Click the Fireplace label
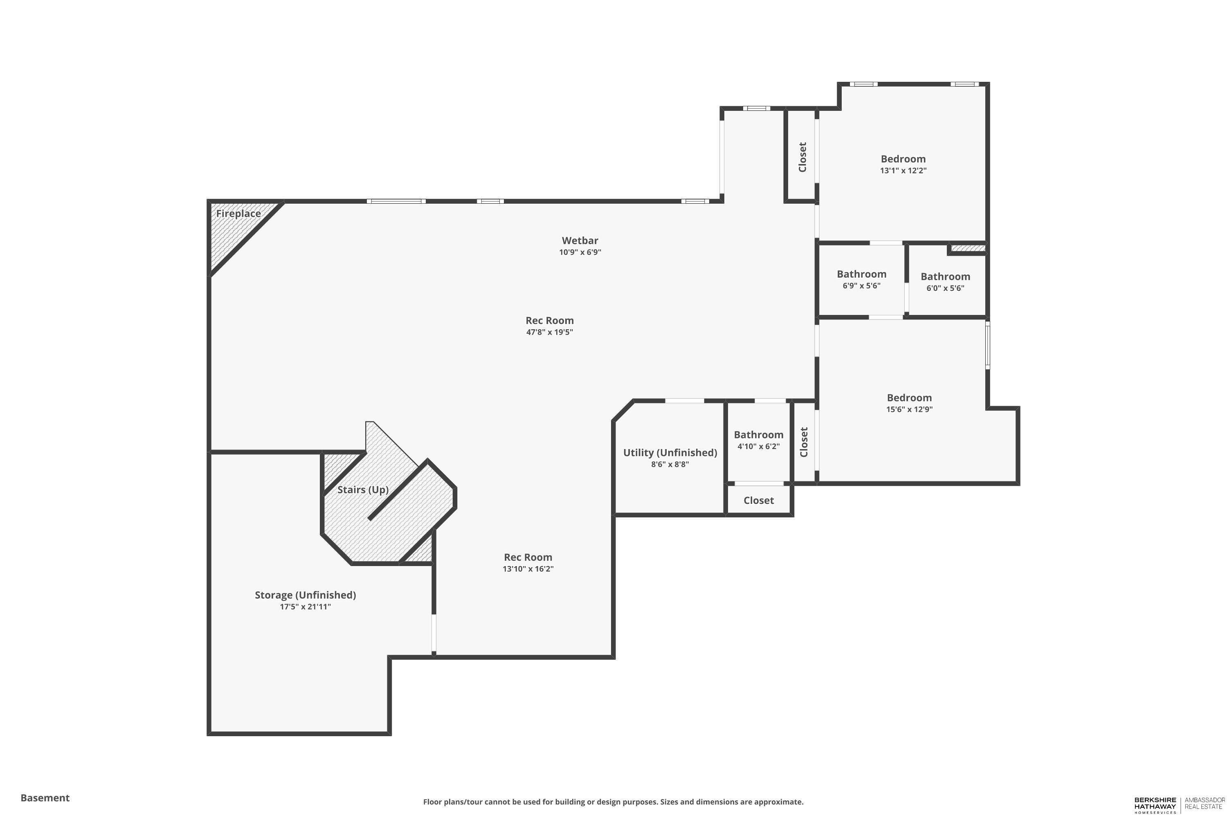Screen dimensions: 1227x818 click(x=238, y=213)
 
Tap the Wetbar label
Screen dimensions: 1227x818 click(x=580, y=240)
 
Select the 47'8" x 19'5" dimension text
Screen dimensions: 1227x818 click(x=550, y=332)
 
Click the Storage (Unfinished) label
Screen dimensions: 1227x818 click(x=305, y=595)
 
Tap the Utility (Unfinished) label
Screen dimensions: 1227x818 click(x=670, y=453)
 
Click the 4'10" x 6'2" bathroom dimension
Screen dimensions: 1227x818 click(x=759, y=447)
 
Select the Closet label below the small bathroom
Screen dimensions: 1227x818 click(x=759, y=500)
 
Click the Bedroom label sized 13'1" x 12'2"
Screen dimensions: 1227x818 click(x=903, y=159)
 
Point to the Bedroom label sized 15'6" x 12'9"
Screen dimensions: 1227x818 click(x=909, y=398)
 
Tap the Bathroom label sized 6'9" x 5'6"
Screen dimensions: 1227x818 click(x=862, y=274)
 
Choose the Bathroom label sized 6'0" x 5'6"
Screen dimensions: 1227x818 click(x=945, y=277)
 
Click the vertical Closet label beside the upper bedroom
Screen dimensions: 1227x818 click(x=802, y=157)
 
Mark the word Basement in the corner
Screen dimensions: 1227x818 click(x=45, y=798)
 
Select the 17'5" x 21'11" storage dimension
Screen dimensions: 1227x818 click(x=305, y=607)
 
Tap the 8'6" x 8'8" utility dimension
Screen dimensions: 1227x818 click(x=670, y=464)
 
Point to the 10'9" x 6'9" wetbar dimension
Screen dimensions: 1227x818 click(x=580, y=252)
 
